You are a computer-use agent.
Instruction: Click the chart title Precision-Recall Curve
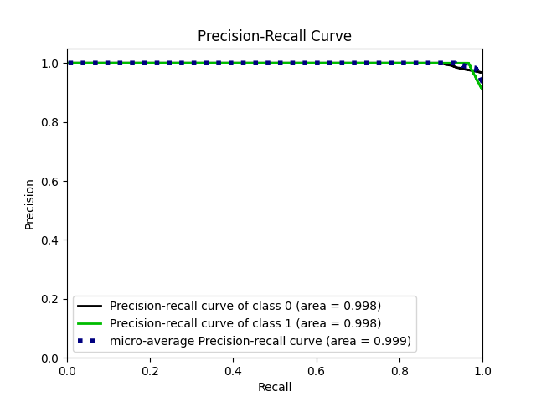[x=274, y=36]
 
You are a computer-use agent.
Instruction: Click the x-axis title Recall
[x=275, y=388]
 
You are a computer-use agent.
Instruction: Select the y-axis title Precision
[x=30, y=204]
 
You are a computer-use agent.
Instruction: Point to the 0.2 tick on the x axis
[x=150, y=369]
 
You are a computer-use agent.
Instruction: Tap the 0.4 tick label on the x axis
[x=233, y=369]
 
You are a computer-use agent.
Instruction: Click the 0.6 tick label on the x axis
[x=316, y=369]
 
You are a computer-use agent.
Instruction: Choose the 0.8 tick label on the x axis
[x=399, y=369]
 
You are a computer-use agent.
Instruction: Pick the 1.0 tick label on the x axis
[x=482, y=369]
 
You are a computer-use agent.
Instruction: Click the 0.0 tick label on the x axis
[x=67, y=369]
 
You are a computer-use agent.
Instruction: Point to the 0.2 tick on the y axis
[x=51, y=299]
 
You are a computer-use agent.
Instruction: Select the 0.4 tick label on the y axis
[x=51, y=240]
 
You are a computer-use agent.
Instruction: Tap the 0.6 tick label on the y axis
[x=51, y=182]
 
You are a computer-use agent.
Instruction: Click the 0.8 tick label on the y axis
[x=51, y=122]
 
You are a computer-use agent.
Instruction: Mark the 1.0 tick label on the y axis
[x=51, y=64]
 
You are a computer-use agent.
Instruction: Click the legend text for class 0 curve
[x=245, y=306]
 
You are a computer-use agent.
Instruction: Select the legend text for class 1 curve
[x=245, y=323]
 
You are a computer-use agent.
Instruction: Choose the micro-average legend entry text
[x=260, y=341]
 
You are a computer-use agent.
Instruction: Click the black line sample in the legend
[x=90, y=306]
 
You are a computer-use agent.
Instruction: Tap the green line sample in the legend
[x=90, y=323]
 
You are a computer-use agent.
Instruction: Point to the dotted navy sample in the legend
[x=90, y=341]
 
